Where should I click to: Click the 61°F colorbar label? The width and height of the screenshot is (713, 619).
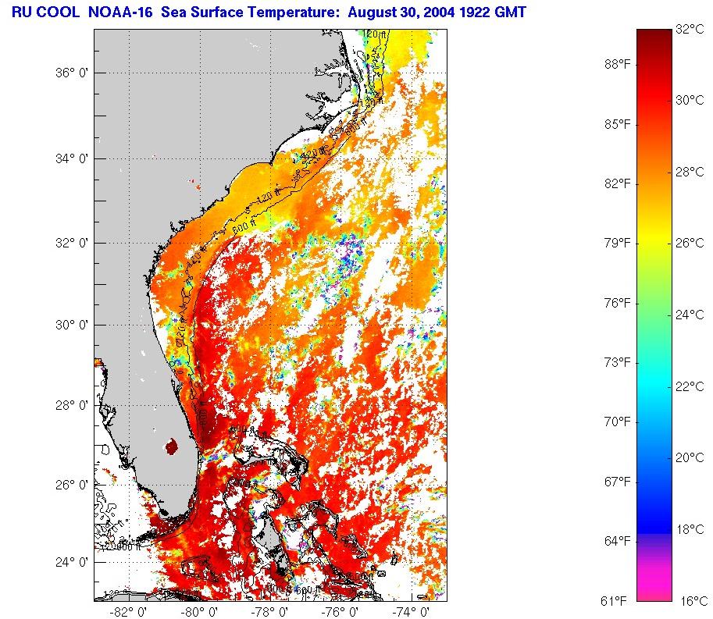click(x=614, y=600)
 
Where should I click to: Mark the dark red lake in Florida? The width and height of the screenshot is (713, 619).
click(x=171, y=447)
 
